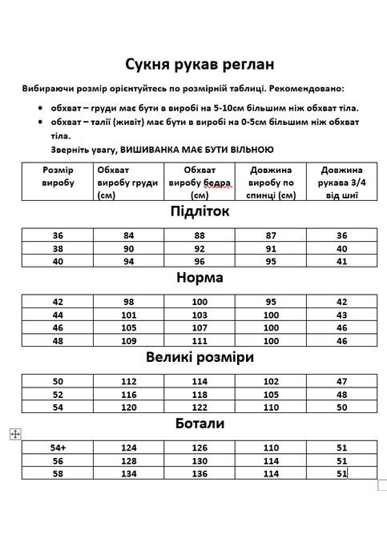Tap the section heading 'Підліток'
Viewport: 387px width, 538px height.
[x=200, y=211]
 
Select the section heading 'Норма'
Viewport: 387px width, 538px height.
[x=200, y=278]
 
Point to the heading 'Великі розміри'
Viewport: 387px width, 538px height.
[x=200, y=357]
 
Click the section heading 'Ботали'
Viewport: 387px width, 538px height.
[x=200, y=424]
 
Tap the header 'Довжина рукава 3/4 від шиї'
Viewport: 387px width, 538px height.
[x=341, y=183]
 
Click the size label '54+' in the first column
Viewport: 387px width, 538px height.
[x=58, y=448]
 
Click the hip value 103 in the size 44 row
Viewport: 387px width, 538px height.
[x=200, y=315]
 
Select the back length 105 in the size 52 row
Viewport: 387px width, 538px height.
[x=271, y=395]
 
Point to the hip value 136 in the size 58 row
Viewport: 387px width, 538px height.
[x=200, y=473]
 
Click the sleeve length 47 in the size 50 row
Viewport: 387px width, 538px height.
[x=342, y=382]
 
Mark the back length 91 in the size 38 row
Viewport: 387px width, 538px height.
[x=271, y=248]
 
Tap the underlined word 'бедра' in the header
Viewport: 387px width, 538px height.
[x=216, y=183]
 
